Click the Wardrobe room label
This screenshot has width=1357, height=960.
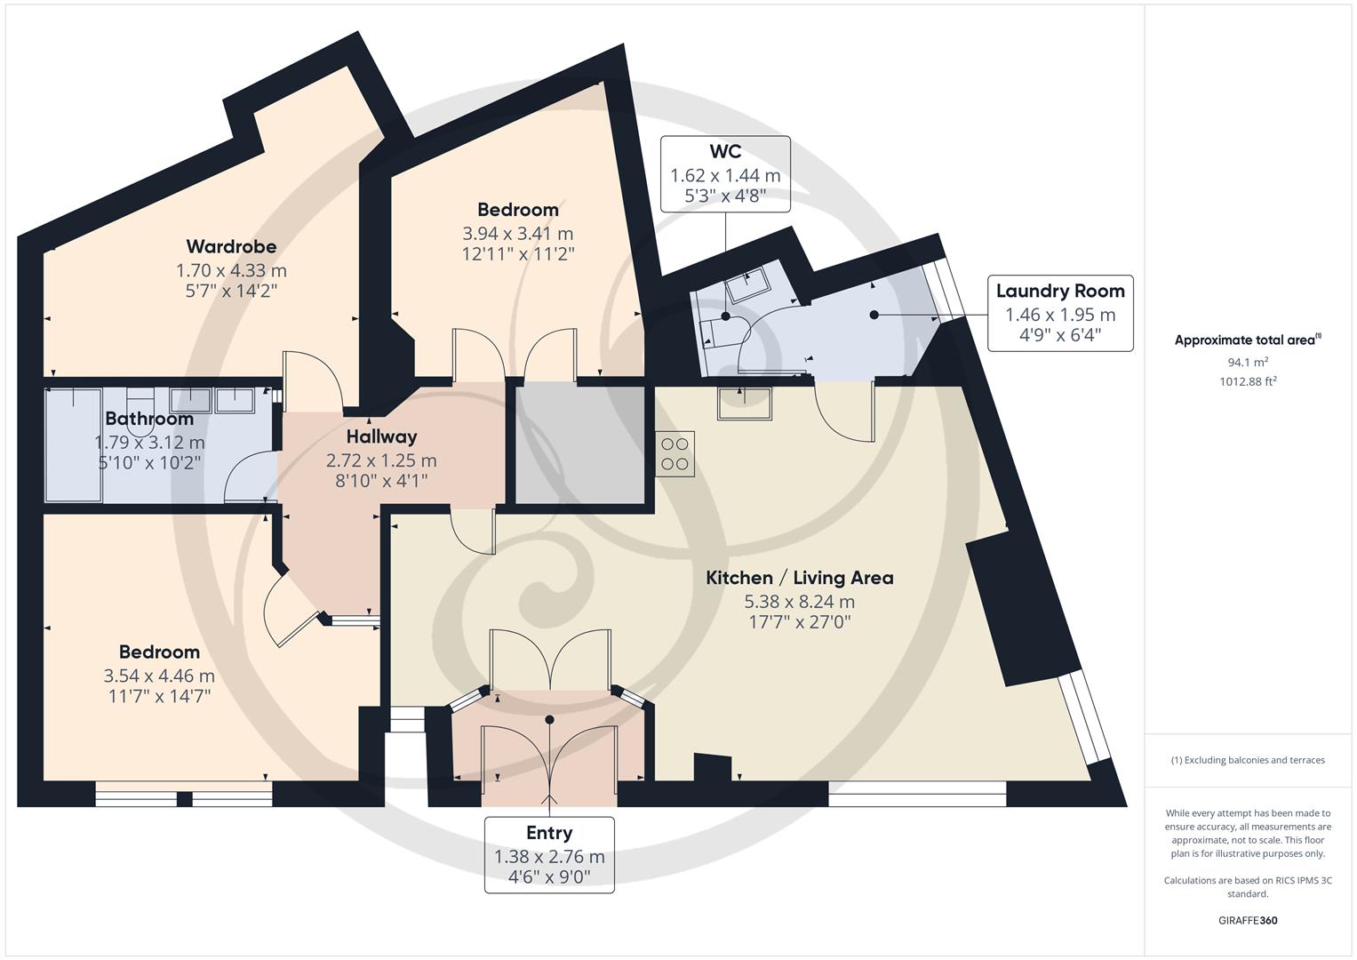[x=231, y=246]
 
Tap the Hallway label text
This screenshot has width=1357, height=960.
[x=381, y=436]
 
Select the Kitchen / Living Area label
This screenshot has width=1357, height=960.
[x=800, y=578]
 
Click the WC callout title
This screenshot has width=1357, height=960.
[x=725, y=151]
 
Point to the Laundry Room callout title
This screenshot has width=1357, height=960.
[x=1060, y=291]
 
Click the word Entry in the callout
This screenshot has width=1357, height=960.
[x=549, y=833]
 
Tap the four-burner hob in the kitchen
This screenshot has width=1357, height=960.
[x=675, y=454]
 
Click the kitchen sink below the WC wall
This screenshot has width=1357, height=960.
[x=745, y=403]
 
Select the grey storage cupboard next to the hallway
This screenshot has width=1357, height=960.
[x=579, y=444]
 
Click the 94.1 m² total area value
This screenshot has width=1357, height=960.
[x=1248, y=362]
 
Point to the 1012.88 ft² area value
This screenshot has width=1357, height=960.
[x=1248, y=381]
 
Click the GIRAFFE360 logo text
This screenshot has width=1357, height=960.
[x=1248, y=920]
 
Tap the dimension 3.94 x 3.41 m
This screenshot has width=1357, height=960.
[x=518, y=233]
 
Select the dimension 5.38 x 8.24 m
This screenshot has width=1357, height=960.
[x=800, y=601]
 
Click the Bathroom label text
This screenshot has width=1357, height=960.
[x=149, y=418]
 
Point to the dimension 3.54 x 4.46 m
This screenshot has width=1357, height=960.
[x=159, y=676]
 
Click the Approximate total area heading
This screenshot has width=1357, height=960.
[x=1248, y=340]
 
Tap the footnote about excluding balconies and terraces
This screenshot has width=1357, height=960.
[x=1248, y=760]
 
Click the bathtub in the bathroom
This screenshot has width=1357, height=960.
[x=74, y=445]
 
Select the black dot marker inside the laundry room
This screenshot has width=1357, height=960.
[x=874, y=315]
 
